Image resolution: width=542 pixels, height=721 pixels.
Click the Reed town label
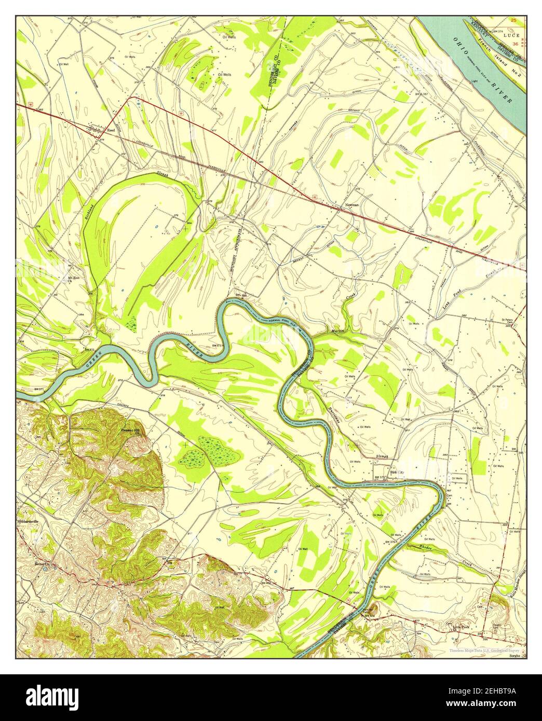[110, 130]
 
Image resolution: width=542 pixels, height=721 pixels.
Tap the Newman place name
[352, 205]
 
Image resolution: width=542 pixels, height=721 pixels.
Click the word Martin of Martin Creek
[337, 330]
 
